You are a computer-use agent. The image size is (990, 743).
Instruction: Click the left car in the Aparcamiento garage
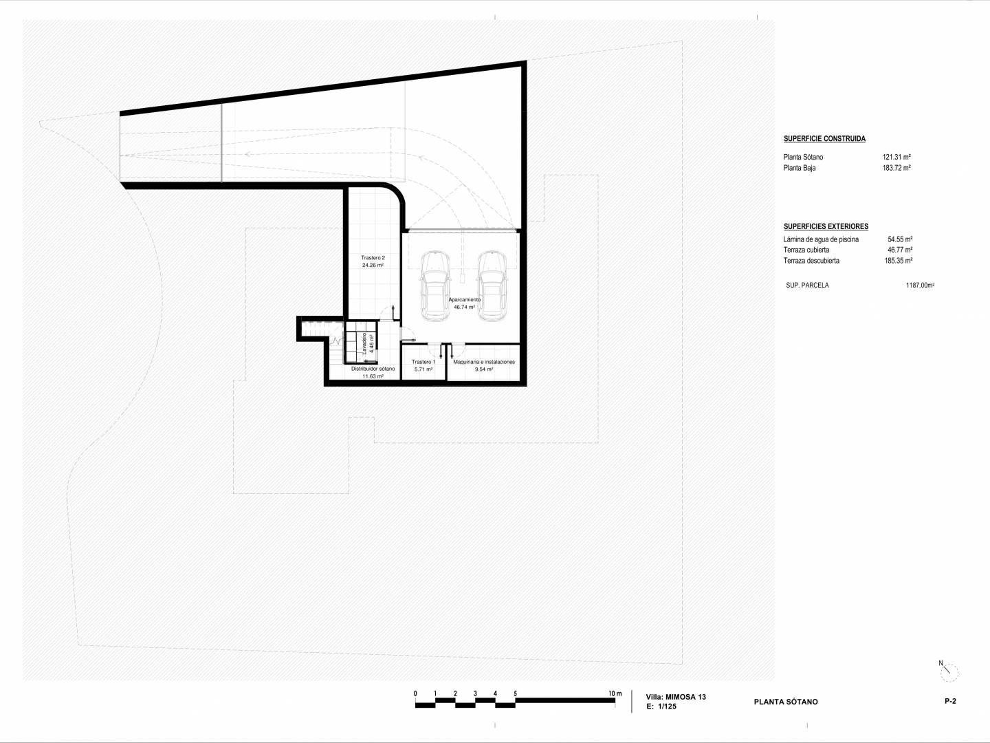point(435,286)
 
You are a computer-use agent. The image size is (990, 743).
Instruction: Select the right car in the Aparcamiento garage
point(492,286)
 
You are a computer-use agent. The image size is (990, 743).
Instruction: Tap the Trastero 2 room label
point(373,257)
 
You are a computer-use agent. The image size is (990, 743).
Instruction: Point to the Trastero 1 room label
point(423,362)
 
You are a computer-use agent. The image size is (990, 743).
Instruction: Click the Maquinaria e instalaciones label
point(484,362)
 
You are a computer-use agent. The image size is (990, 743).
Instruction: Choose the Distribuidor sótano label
point(373,369)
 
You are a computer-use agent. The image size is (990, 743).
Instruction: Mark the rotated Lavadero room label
point(364,344)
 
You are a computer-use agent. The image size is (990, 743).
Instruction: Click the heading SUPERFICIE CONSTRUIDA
point(824,138)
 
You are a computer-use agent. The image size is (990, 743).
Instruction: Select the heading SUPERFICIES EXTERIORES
point(826,226)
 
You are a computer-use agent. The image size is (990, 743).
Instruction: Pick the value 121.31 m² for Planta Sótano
point(896,157)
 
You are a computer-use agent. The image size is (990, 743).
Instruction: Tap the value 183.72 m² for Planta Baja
point(896,168)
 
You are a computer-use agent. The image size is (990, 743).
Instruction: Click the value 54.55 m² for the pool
point(900,239)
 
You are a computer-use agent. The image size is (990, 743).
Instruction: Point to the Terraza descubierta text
point(811,261)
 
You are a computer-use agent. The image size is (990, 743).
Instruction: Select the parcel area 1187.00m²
point(920,285)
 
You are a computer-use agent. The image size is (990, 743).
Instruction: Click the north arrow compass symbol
point(949,671)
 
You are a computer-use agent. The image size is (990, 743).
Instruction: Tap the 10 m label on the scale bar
point(615,693)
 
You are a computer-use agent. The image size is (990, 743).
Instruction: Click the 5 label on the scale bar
point(515,693)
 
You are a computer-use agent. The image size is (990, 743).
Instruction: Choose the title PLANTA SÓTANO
point(786,702)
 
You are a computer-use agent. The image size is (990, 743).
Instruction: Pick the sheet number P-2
point(950,701)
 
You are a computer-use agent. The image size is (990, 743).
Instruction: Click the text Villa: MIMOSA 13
point(676,697)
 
